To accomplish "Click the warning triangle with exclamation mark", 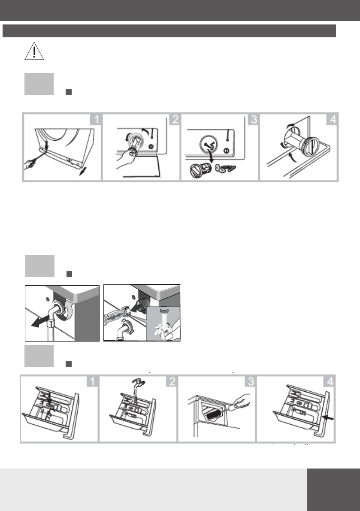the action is coord(34,51).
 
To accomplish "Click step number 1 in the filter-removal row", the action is coord(96,119).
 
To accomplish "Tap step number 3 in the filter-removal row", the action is coord(253,119).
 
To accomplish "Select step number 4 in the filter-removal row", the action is coord(332,119).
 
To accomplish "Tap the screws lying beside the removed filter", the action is coord(225,169).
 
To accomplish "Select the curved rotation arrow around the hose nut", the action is coord(69,308).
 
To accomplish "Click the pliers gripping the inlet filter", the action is coord(116,316).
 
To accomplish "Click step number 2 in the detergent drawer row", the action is coord(172,381).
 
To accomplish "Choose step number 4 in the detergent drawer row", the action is coord(330,381).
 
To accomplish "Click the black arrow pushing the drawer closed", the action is coord(327,418).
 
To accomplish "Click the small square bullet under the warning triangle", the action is coord(68,92).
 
